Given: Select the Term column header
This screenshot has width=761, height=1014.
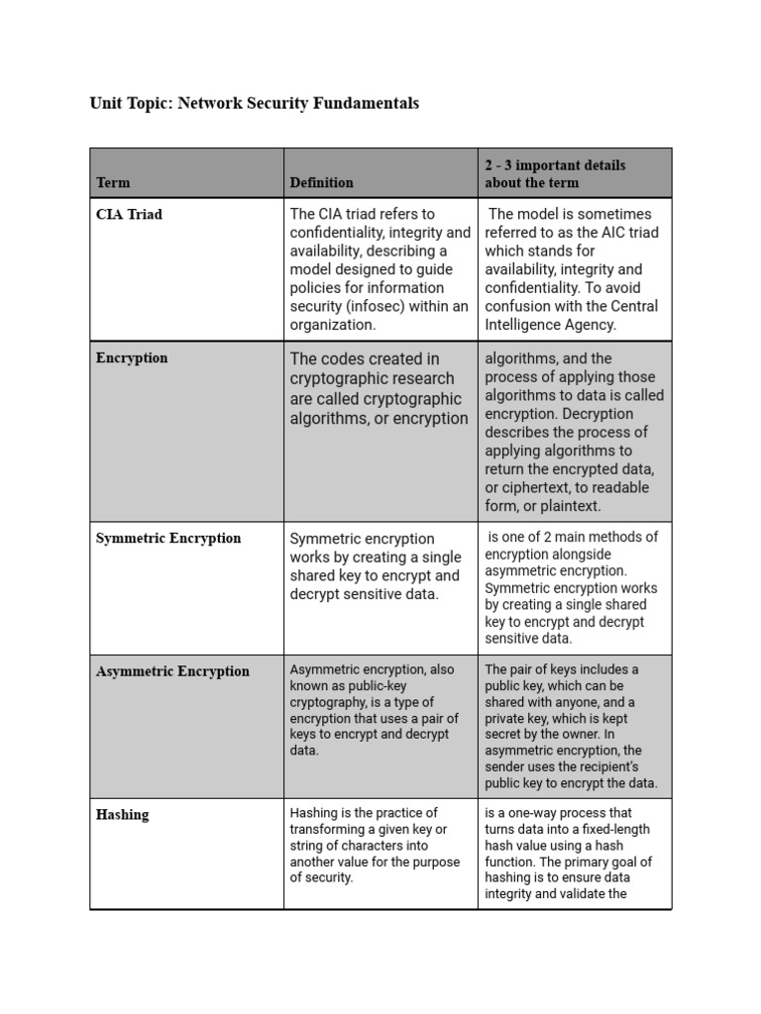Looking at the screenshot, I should [x=113, y=182].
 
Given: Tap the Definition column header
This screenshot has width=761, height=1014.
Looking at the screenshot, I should [x=321, y=182].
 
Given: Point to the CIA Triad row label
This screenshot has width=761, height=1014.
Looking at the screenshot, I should [x=129, y=214].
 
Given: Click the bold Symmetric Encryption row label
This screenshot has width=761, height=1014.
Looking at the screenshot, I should [x=168, y=538].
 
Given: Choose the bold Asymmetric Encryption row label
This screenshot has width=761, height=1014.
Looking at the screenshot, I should [x=172, y=671].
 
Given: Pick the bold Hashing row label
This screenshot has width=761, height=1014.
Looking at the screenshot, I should [x=122, y=815].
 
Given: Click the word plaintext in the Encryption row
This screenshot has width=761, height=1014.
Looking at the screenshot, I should [x=569, y=506].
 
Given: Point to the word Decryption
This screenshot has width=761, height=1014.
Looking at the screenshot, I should [x=629, y=414].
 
